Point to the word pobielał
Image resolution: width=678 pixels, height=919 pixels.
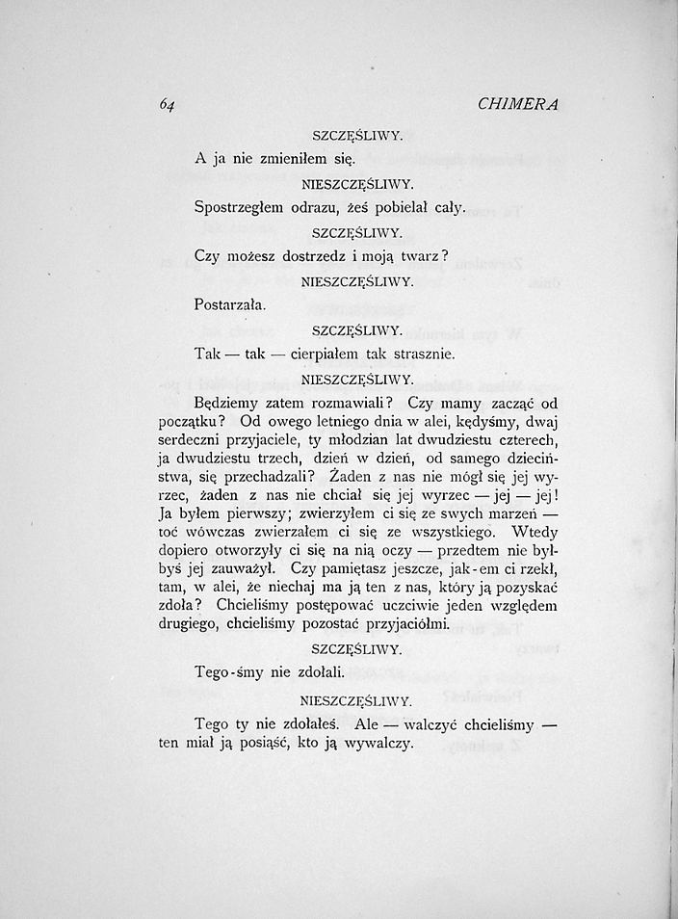click(395, 208)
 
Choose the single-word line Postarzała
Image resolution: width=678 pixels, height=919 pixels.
click(229, 305)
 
